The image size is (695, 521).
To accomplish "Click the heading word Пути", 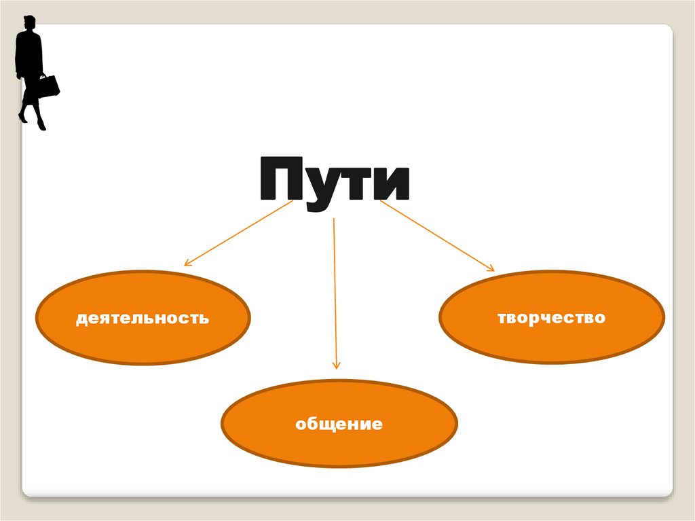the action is (334, 180).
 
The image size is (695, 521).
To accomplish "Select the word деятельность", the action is (143, 317).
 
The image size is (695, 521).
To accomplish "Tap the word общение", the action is (339, 425).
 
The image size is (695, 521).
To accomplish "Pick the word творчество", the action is (551, 317).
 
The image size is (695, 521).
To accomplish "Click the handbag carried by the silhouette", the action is (49, 86).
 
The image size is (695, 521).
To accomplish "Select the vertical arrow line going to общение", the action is (335, 292).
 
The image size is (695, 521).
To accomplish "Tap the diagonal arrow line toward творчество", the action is (434, 235).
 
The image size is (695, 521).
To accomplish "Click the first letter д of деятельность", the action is (81, 318).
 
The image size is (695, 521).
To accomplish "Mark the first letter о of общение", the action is (300, 426).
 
